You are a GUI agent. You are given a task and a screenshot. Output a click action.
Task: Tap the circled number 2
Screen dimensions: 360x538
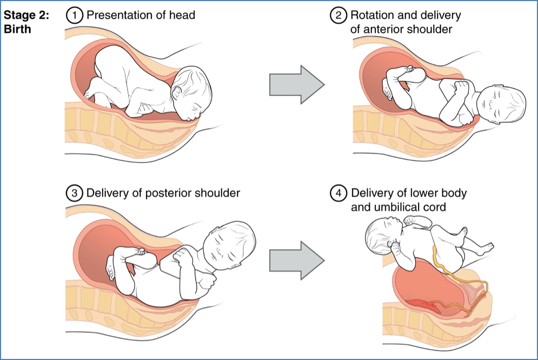tap(338, 15)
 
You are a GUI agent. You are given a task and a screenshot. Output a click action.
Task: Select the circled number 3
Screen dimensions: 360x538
tap(73, 192)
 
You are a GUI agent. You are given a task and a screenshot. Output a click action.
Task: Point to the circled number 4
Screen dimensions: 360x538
tap(338, 193)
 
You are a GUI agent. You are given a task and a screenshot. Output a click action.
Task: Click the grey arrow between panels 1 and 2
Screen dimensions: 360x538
tap(296, 84)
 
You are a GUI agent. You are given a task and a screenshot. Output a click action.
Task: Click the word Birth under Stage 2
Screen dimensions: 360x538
tap(17, 29)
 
